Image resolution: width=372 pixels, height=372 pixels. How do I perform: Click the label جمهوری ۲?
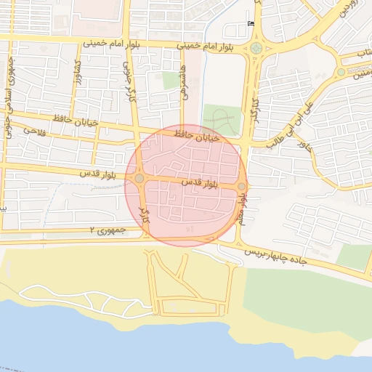(x=108, y=230)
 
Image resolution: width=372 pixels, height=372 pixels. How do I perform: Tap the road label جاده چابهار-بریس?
(x=276, y=256)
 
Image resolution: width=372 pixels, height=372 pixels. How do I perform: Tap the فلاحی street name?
(x=34, y=131)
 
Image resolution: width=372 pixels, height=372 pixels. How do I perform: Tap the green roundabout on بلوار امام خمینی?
(x=255, y=49)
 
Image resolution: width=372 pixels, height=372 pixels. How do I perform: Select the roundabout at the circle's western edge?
(x=139, y=178)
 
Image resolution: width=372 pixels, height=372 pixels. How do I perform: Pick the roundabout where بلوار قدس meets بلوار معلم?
(x=241, y=186)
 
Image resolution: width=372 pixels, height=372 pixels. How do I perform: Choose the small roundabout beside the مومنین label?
(x=341, y=72)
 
